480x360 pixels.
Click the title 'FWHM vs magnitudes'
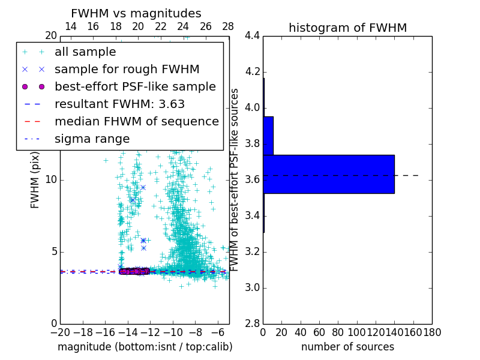point(136,14)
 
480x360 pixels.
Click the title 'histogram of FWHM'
point(347,28)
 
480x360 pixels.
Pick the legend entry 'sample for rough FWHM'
point(127,69)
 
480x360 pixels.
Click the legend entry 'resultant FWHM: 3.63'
point(119,104)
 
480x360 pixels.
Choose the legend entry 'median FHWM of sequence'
point(136,121)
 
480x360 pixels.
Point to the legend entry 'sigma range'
point(92,139)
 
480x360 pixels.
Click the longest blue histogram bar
point(328,174)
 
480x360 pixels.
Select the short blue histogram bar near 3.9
point(268,136)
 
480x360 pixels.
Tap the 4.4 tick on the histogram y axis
point(252,36)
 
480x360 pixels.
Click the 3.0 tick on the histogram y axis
point(252,287)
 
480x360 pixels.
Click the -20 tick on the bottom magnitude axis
point(60,332)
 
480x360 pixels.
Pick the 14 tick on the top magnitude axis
point(70,26)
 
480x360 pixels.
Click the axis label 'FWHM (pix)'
point(35,180)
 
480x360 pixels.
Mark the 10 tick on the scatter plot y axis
point(51,180)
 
